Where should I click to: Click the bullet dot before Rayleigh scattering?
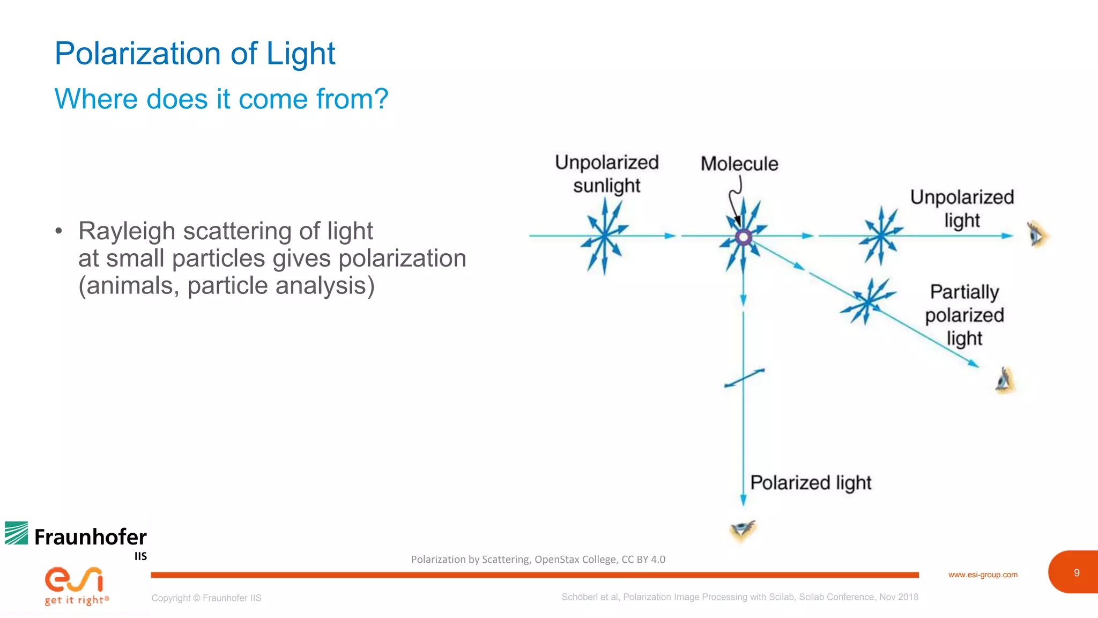point(59,231)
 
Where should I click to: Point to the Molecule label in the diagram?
point(739,164)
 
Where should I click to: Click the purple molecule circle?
point(743,237)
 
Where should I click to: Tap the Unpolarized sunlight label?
point(606,173)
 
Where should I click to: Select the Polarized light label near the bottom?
point(810,483)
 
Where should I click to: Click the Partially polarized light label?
point(964,315)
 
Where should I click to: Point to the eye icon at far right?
point(1037,235)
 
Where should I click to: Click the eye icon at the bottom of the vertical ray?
point(743,530)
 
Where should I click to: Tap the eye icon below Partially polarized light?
point(1005,380)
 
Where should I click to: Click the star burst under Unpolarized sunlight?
point(605,236)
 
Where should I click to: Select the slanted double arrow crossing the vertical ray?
point(744,378)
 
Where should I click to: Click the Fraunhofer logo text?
point(90,537)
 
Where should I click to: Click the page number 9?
point(1076,573)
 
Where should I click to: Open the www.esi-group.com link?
point(982,575)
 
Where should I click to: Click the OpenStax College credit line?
point(537,560)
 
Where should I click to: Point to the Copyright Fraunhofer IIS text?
point(206,598)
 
